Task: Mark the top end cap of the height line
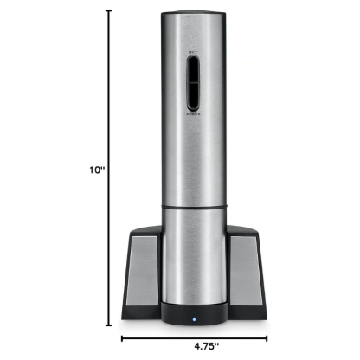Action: pos(108,11)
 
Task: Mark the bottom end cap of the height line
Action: pos(108,326)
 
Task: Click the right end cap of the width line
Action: pos(260,339)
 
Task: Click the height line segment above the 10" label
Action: pos(108,87)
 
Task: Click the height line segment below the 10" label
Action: pos(108,251)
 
